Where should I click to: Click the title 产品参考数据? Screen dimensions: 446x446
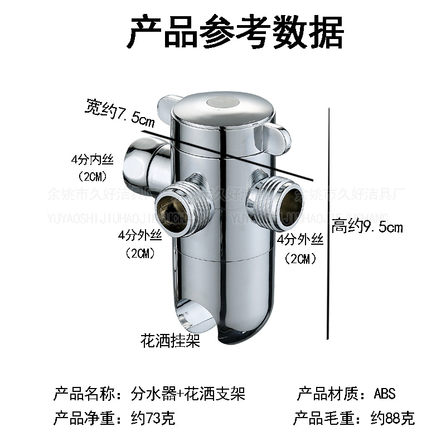pyautogui.click(x=235, y=32)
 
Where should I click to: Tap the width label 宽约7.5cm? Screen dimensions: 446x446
pyautogui.click(x=120, y=110)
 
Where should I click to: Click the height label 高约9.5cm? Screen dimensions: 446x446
pyautogui.click(x=367, y=227)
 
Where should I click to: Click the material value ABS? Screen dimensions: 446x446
pyautogui.click(x=385, y=394)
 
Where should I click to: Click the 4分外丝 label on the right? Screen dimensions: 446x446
pyautogui.click(x=300, y=240)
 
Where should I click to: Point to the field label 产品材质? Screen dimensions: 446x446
pyautogui.click(x=326, y=394)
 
